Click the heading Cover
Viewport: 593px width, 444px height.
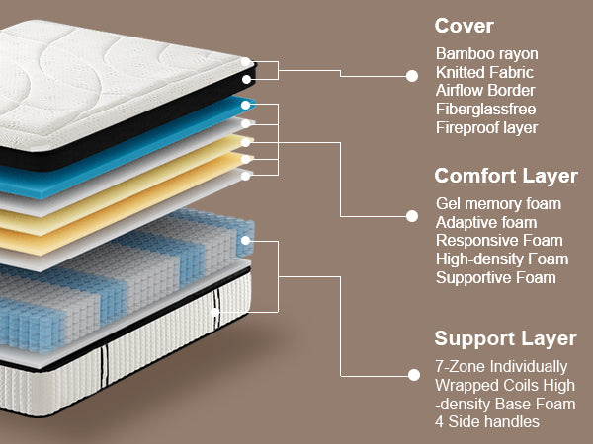[465, 26]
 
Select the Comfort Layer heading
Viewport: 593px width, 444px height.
[506, 177]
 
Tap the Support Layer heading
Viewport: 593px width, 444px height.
[506, 338]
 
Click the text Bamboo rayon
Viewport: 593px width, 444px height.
[487, 53]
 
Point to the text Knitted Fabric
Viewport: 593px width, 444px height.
[485, 72]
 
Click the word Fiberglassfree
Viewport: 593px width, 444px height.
[486, 110]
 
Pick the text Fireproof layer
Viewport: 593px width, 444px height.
[487, 128]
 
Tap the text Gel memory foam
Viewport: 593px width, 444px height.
[498, 204]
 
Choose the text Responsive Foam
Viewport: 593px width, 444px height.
[499, 241]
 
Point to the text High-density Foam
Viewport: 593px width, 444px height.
[502, 259]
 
